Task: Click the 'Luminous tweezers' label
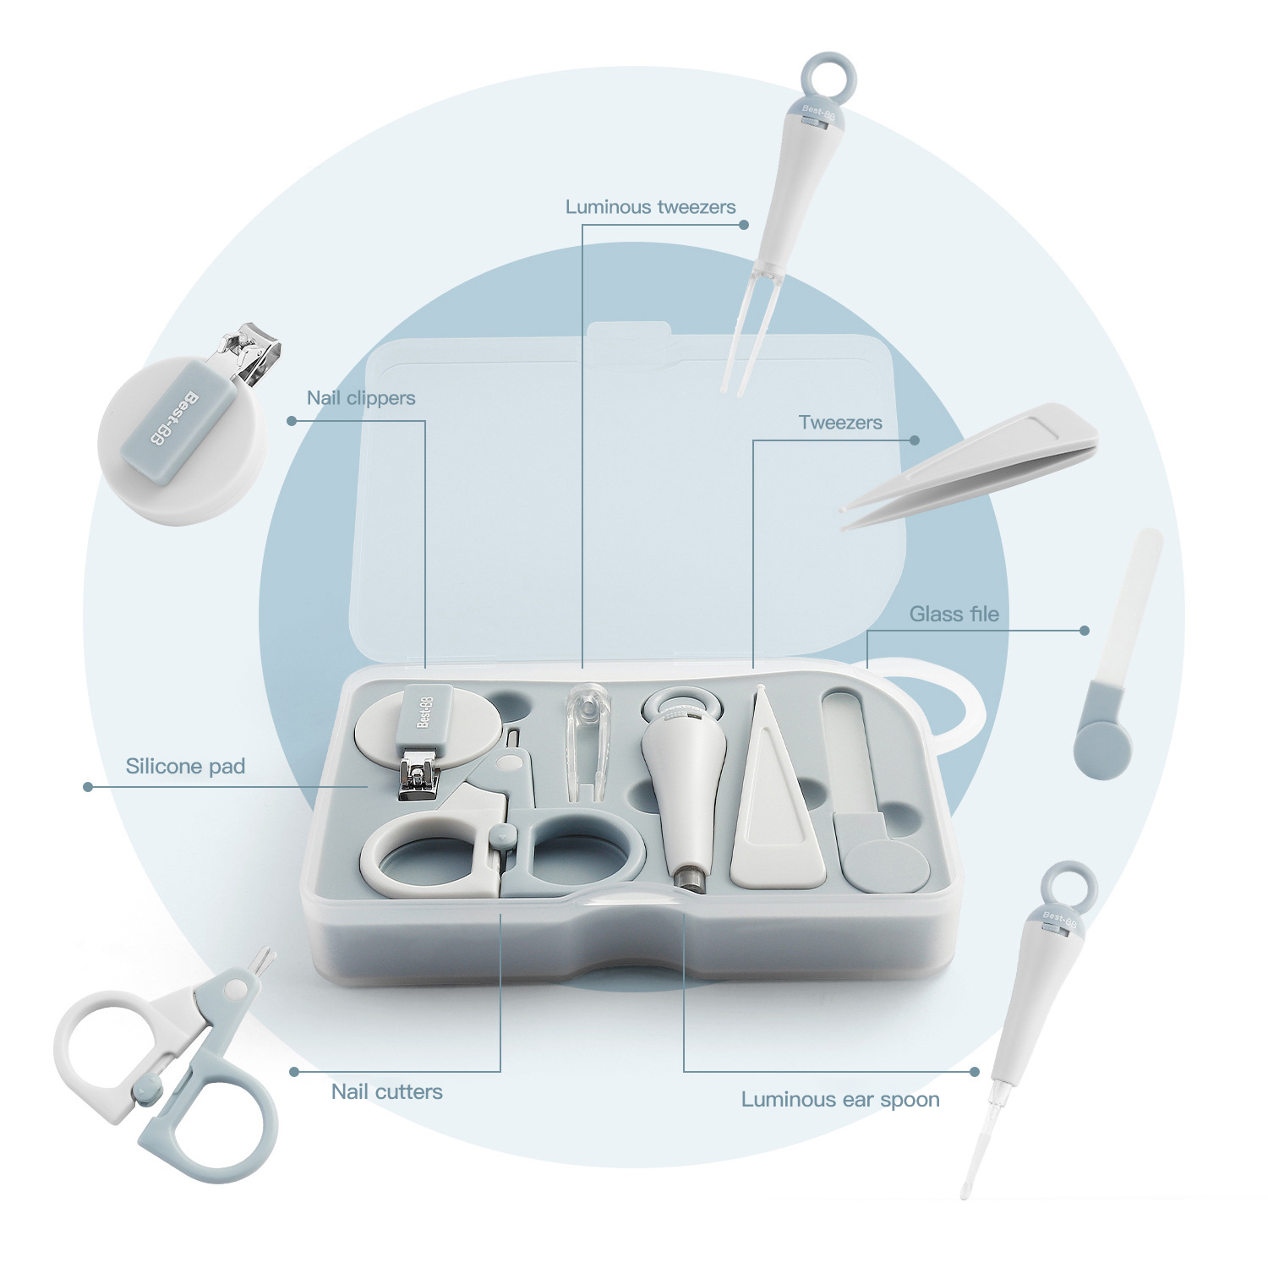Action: click(x=650, y=207)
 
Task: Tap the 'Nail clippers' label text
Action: click(x=361, y=398)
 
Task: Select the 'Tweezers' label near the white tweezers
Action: click(x=839, y=423)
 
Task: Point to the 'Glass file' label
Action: click(x=954, y=615)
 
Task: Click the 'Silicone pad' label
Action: click(x=185, y=767)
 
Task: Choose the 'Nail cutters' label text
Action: click(x=386, y=1092)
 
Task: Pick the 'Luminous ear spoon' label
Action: click(x=839, y=1100)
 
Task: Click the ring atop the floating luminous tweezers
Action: click(x=828, y=74)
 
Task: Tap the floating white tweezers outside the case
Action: click(x=972, y=466)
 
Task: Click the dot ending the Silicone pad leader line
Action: click(x=88, y=787)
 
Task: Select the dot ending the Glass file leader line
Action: click(x=1085, y=631)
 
